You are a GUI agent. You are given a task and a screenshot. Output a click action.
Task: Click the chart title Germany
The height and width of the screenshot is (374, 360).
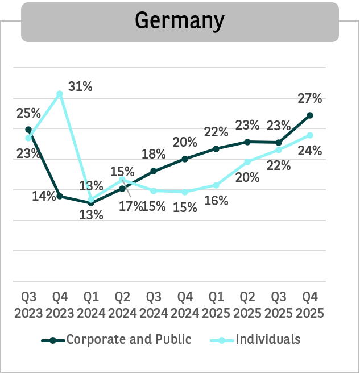click(180, 21)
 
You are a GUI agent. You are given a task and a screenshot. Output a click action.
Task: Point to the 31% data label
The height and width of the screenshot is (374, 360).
click(80, 87)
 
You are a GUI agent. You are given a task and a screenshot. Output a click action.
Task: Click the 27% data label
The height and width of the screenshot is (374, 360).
click(310, 98)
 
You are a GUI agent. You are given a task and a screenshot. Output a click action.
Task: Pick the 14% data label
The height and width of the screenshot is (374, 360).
click(44, 196)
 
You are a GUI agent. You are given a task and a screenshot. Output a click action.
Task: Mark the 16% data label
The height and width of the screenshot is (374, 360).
click(216, 200)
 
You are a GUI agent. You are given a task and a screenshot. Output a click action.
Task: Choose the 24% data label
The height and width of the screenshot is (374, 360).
click(310, 151)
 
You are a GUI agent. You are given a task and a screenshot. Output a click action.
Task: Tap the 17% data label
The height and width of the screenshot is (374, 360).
click(131, 206)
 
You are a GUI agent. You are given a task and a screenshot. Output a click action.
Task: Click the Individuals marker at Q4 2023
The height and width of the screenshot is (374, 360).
click(60, 94)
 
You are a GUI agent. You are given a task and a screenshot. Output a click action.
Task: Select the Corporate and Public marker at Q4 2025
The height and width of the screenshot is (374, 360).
click(310, 115)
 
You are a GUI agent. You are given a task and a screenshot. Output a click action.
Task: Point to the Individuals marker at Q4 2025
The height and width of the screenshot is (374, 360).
click(310, 135)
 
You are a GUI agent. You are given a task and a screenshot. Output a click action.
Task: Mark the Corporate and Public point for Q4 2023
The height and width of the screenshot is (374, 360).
click(60, 196)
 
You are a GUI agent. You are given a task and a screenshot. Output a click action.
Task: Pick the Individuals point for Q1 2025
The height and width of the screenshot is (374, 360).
click(216, 185)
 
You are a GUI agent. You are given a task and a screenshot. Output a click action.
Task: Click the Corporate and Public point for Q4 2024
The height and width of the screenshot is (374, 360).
click(185, 159)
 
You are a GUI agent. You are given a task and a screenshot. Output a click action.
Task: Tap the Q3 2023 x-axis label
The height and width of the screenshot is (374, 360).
click(28, 305)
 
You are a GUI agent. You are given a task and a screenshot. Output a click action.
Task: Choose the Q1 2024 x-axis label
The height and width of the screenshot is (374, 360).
click(91, 305)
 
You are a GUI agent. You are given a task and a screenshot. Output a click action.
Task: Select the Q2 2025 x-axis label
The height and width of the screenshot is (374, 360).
click(247, 305)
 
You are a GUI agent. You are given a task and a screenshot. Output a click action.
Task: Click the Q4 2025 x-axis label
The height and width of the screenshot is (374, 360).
click(310, 305)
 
